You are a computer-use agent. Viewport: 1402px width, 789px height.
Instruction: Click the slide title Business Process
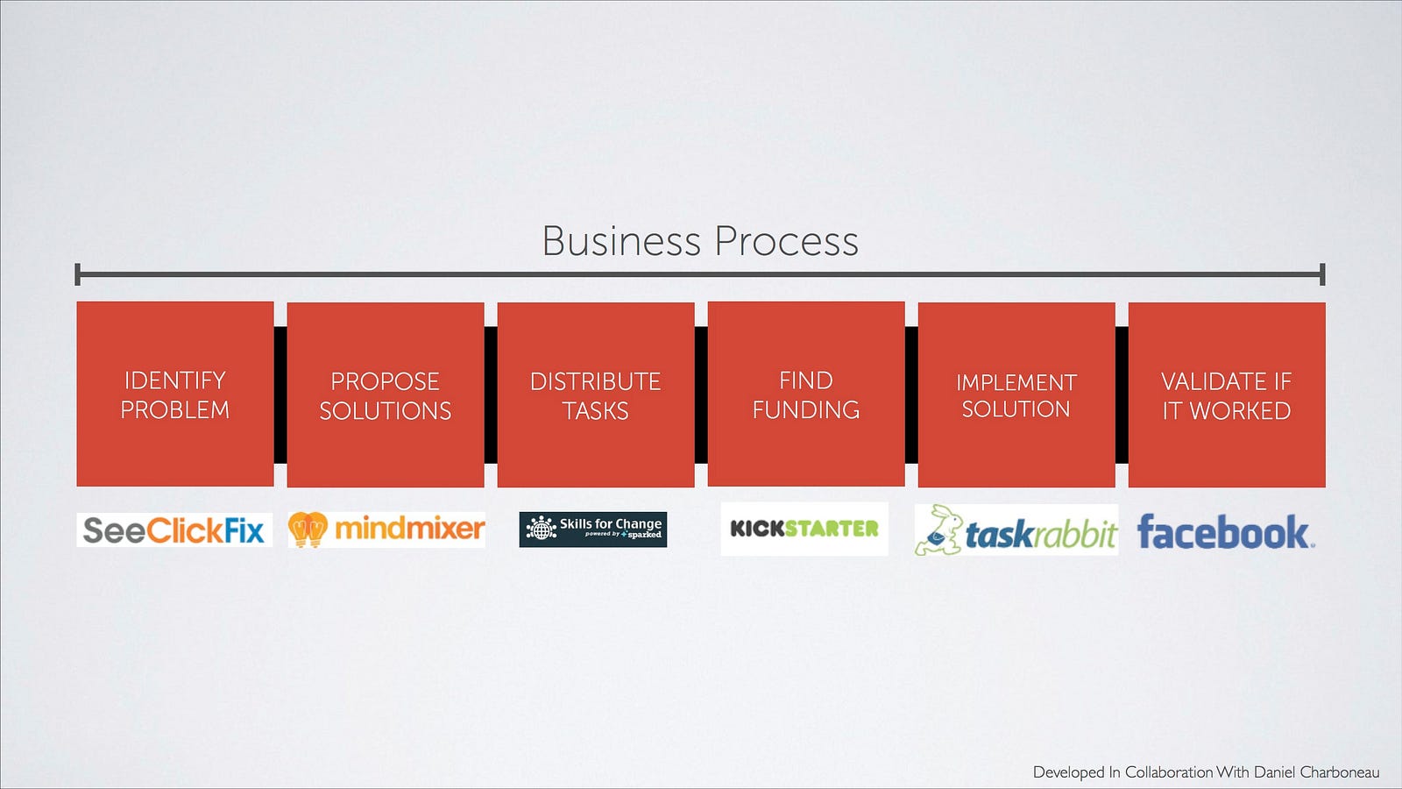pos(700,241)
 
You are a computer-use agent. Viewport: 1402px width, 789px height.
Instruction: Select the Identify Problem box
pos(175,394)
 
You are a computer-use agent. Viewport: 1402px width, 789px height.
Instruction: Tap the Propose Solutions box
pos(386,394)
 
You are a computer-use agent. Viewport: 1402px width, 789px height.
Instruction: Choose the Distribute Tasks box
pos(596,394)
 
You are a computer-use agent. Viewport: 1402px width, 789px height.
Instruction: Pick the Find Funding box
pos(806,394)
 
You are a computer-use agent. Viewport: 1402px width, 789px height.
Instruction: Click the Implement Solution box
pos(1016,394)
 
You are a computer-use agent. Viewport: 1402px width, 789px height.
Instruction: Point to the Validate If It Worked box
pos(1227,394)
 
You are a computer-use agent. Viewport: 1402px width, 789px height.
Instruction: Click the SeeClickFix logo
pos(174,530)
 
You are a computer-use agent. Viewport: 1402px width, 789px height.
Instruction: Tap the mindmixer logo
pos(386,530)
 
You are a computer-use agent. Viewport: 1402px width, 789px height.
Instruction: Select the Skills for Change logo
pos(593,530)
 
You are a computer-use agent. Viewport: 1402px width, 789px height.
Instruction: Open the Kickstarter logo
pos(804,529)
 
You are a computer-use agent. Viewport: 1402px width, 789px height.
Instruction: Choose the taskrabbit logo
pos(1016,530)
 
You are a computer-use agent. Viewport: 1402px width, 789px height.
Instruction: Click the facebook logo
pos(1225,532)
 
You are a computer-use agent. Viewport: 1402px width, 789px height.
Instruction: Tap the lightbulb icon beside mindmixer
pos(308,530)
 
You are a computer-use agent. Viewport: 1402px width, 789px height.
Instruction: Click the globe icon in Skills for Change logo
pos(541,529)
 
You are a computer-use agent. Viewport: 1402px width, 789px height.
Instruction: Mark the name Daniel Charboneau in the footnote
pos(1316,772)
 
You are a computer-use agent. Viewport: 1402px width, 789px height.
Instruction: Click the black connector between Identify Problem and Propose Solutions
pos(280,394)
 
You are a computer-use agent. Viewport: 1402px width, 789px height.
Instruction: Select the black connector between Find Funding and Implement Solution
pos(911,394)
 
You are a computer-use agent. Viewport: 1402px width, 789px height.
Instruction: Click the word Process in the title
pos(786,241)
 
